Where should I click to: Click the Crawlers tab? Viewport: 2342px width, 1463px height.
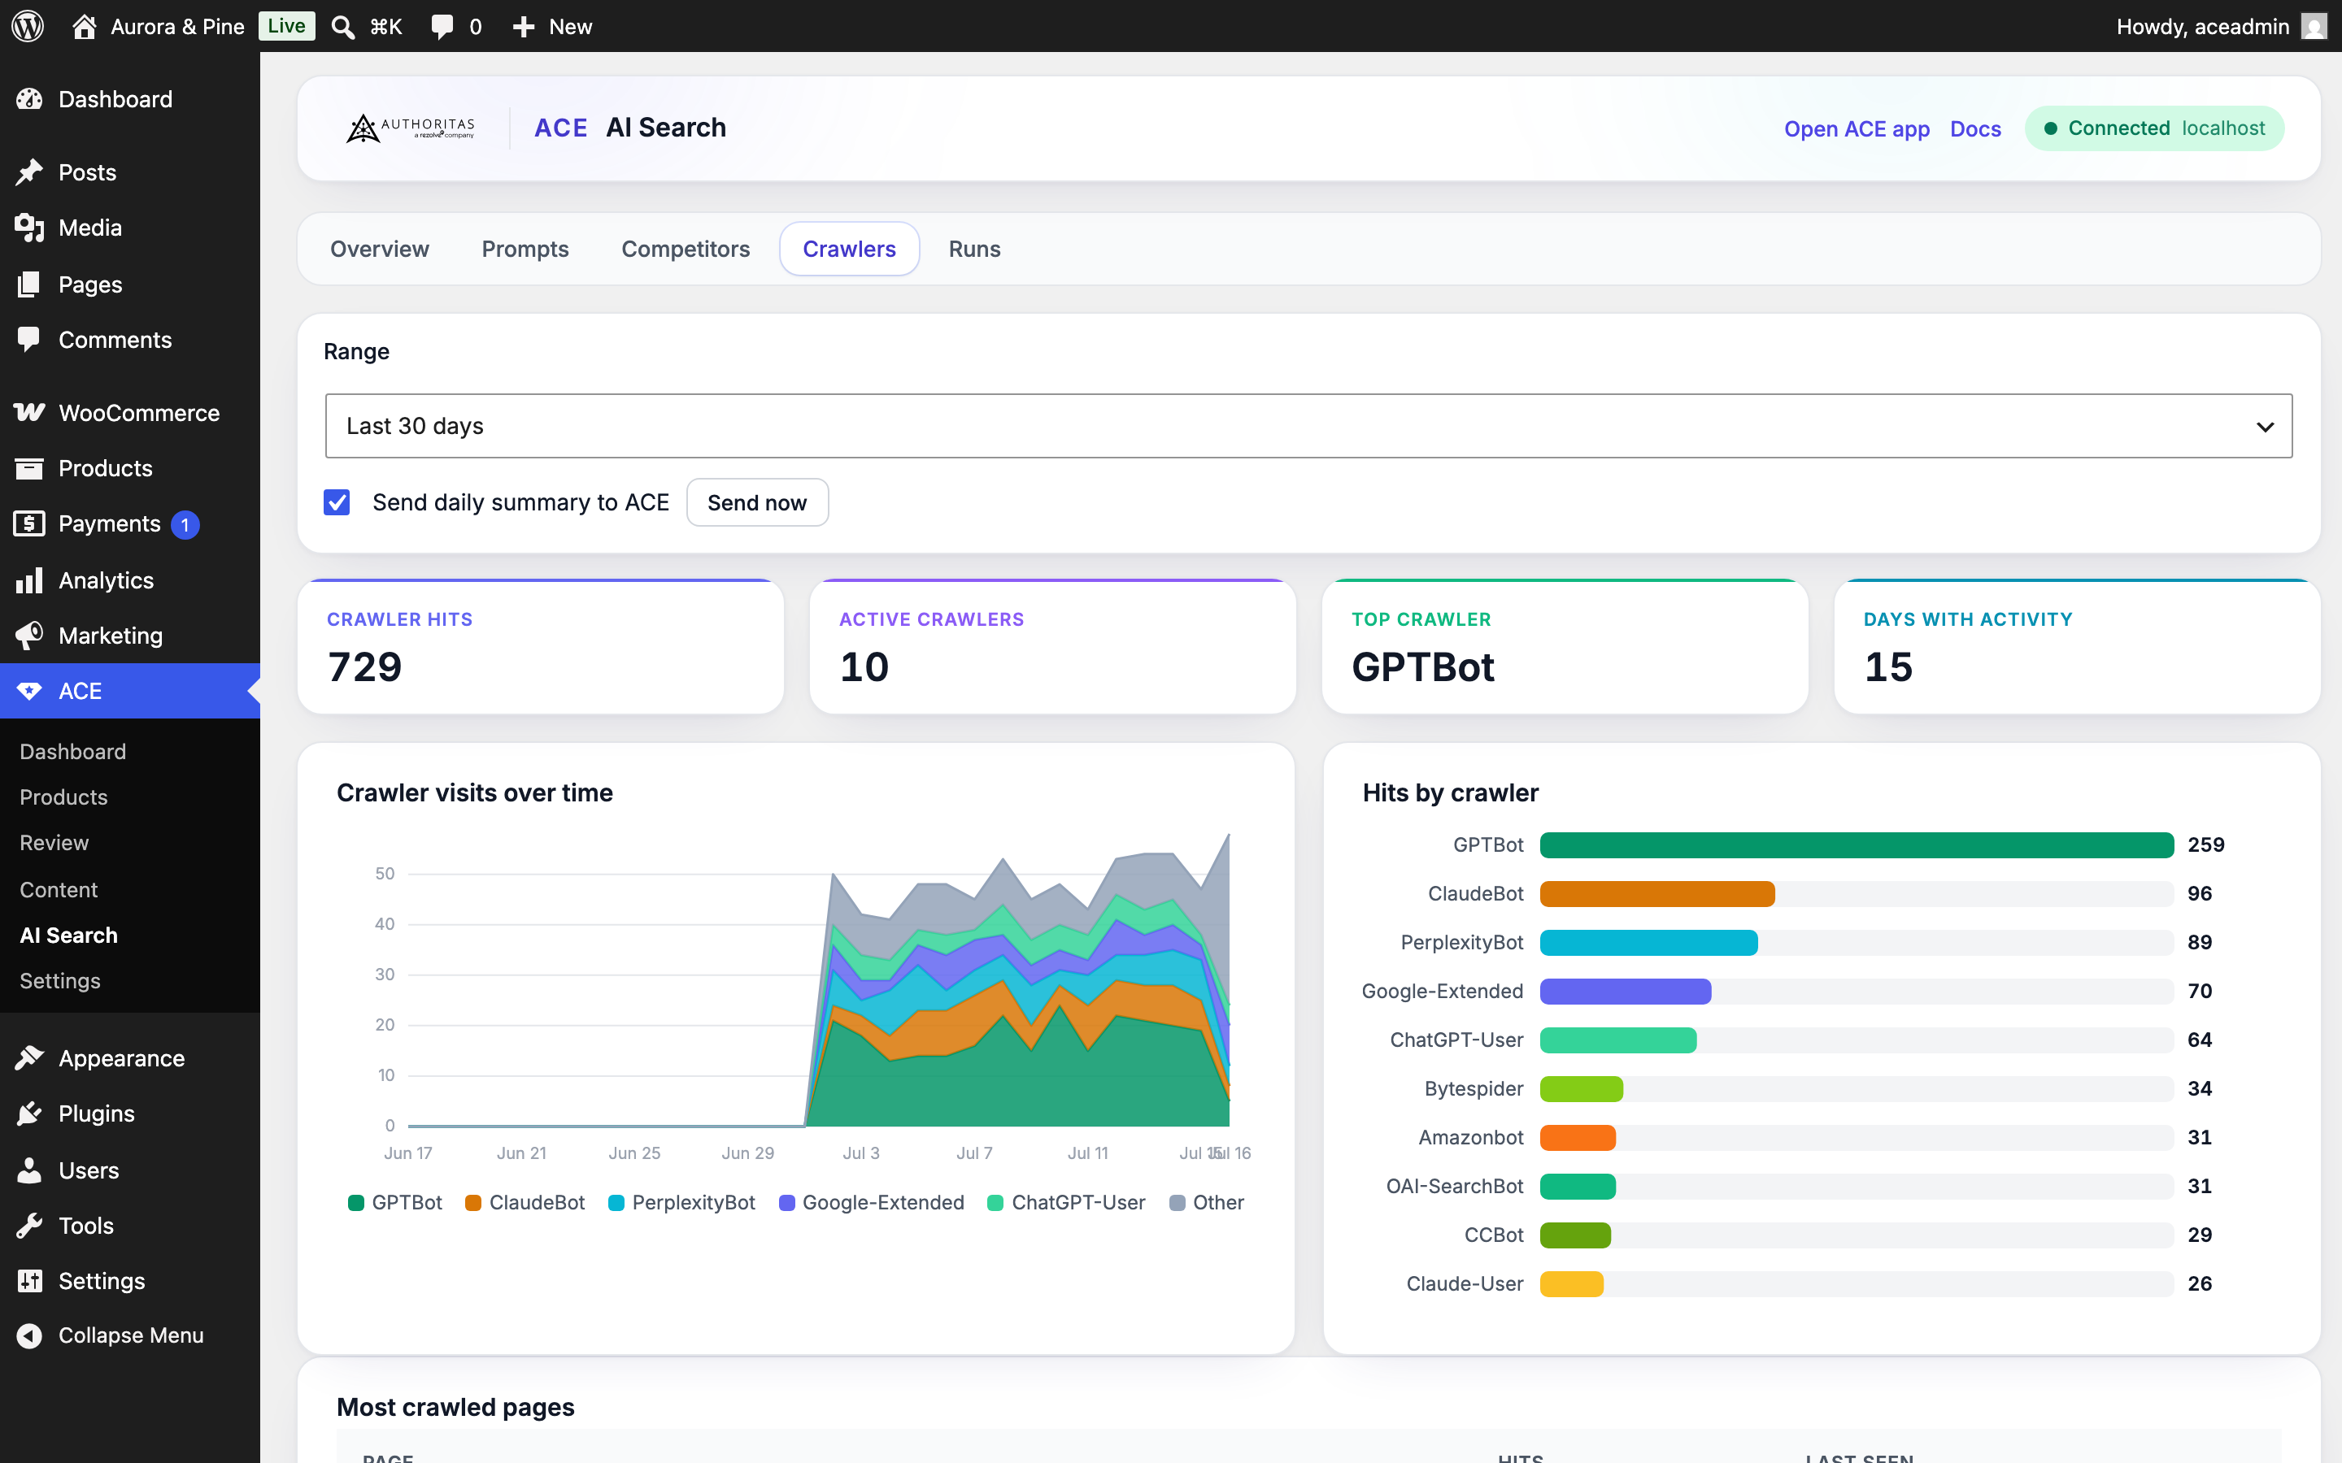coord(849,249)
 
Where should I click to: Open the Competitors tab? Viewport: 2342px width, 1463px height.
coord(686,249)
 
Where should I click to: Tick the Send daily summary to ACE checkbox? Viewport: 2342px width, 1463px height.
coord(337,502)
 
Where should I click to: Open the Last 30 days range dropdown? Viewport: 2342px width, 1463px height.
coord(1308,426)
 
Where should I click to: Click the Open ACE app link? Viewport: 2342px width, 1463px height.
coord(1857,128)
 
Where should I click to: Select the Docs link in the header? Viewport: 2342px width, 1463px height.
coord(1975,128)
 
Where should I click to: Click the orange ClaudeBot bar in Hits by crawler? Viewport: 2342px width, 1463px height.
coord(1656,893)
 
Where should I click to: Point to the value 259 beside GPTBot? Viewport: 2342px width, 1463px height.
coord(2205,844)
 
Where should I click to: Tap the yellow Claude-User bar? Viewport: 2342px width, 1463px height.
coord(1572,1284)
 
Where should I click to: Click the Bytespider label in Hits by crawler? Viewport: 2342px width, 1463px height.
coord(1474,1088)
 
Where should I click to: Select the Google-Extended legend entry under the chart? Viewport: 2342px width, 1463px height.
coord(872,1203)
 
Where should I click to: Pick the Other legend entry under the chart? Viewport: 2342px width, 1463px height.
coord(1207,1203)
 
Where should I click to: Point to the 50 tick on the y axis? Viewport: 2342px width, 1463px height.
coord(385,874)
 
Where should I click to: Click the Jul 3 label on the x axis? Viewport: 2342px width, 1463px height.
coord(861,1153)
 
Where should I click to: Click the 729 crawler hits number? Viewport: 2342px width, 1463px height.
coord(365,666)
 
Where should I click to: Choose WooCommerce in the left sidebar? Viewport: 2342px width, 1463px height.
coord(139,413)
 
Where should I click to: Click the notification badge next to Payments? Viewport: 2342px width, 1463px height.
coord(185,524)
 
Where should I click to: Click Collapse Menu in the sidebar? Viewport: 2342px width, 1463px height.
coord(131,1335)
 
